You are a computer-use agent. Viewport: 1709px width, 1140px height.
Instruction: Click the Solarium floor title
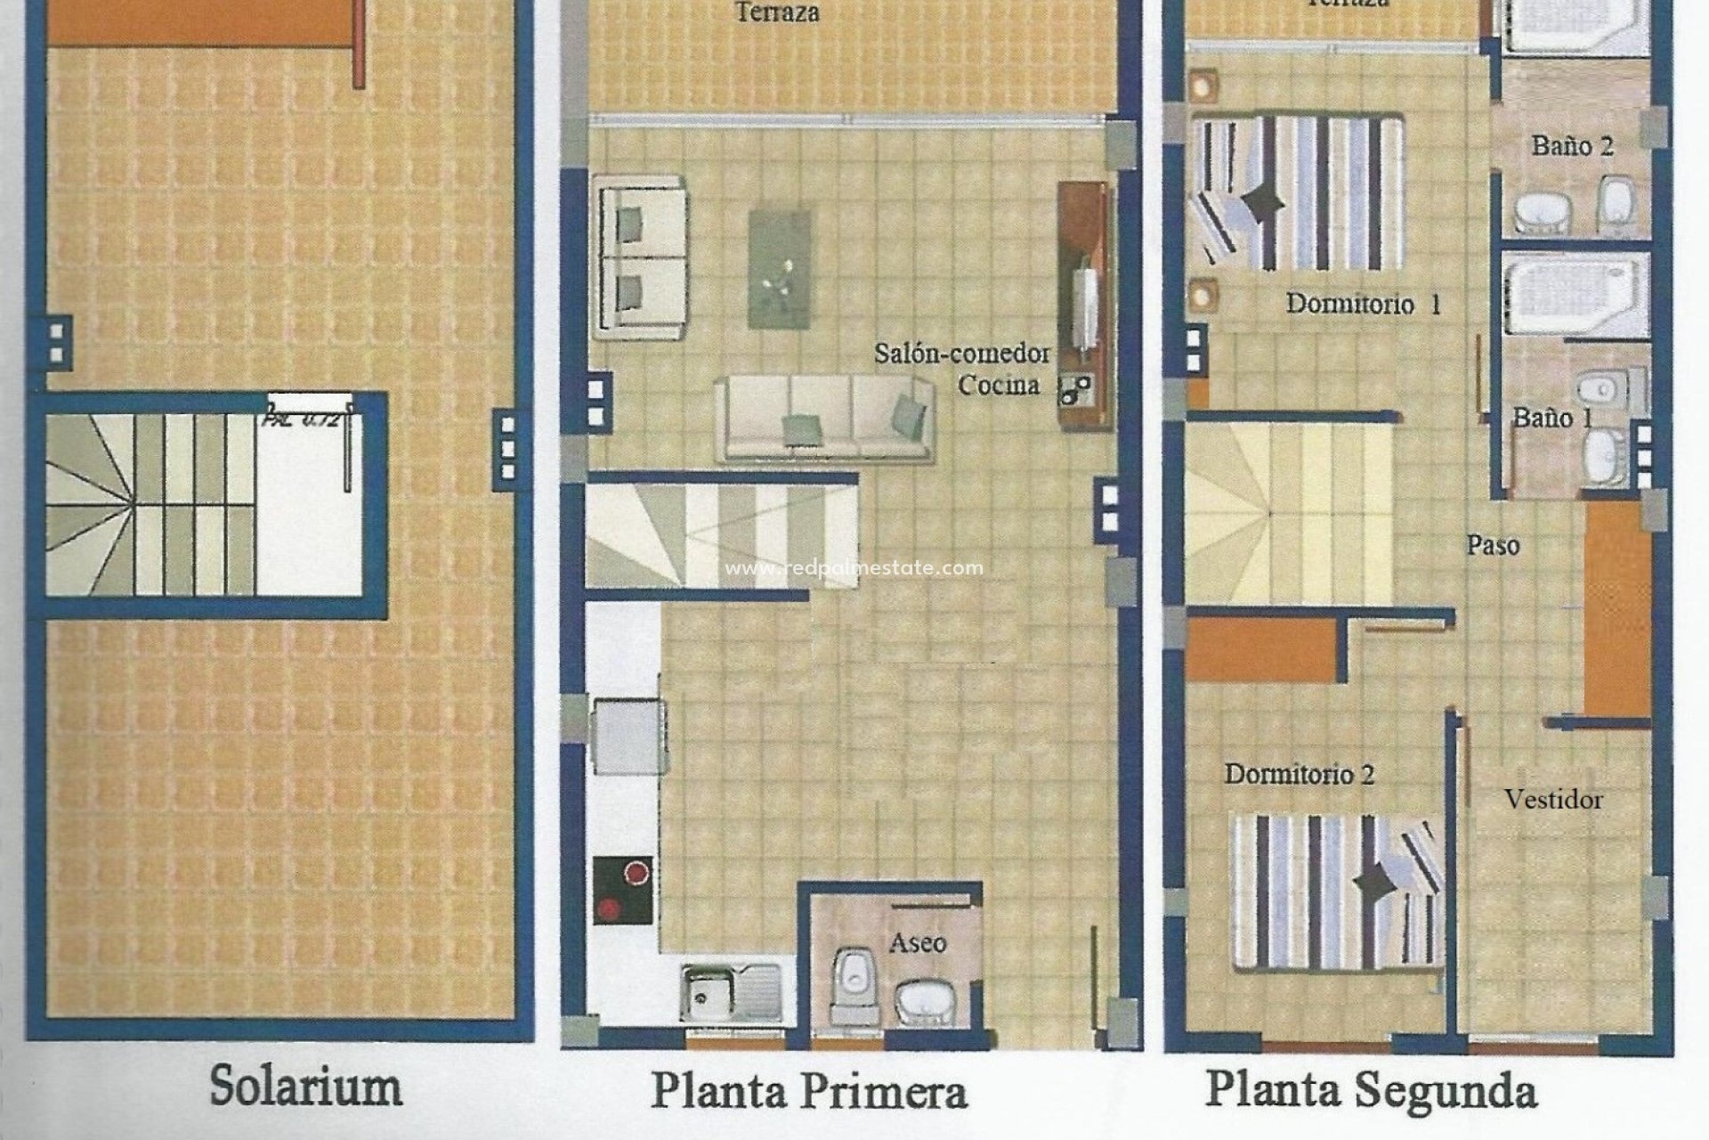pyautogui.click(x=305, y=1087)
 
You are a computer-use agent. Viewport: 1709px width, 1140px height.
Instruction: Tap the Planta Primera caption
pyautogui.click(x=808, y=1091)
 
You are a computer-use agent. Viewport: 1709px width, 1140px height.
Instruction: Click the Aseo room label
pyautogui.click(x=918, y=942)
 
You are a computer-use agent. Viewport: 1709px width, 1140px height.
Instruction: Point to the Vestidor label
pyautogui.click(x=1553, y=799)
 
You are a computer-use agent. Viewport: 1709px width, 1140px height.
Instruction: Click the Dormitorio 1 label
pyautogui.click(x=1363, y=305)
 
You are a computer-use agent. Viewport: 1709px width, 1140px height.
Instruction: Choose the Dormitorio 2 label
pyautogui.click(x=1300, y=774)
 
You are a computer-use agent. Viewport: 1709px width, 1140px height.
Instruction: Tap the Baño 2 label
pyautogui.click(x=1572, y=146)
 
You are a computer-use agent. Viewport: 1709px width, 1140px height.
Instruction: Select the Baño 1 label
pyautogui.click(x=1553, y=417)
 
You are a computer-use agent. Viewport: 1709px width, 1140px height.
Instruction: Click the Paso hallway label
pyautogui.click(x=1493, y=545)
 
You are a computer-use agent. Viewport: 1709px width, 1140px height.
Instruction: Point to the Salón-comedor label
pyautogui.click(x=961, y=354)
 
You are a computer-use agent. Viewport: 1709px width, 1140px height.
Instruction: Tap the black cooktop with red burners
pyautogui.click(x=622, y=889)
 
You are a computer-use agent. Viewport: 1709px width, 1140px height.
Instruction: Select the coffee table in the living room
pyautogui.click(x=780, y=268)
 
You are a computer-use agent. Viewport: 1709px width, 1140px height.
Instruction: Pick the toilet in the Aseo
pyautogui.click(x=852, y=984)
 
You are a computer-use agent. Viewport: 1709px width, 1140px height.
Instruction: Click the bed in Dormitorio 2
pyautogui.click(x=1335, y=891)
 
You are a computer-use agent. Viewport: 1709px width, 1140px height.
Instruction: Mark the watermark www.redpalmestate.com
pyautogui.click(x=854, y=568)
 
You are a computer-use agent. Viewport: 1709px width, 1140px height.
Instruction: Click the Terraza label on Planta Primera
pyautogui.click(x=777, y=12)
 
